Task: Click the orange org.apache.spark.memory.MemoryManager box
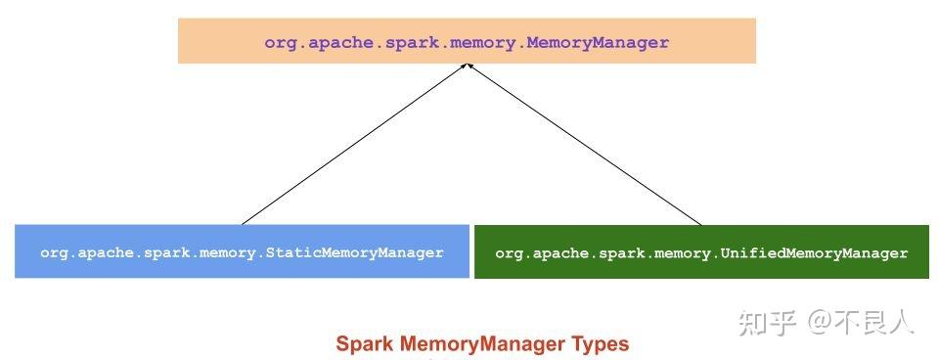pos(467,41)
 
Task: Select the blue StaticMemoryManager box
pos(242,252)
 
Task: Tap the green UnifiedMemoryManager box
pos(701,252)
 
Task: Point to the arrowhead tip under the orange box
pos(469,66)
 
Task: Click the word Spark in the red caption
pos(361,344)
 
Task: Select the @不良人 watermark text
pos(861,321)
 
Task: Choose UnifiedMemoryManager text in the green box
pos(814,253)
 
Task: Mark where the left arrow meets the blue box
pos(243,224)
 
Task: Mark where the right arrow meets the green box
pos(701,225)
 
